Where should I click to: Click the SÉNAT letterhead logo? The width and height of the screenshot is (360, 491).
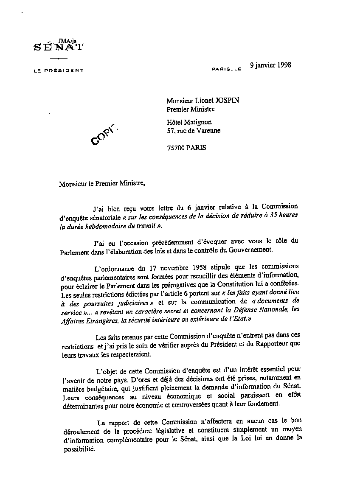tap(59, 48)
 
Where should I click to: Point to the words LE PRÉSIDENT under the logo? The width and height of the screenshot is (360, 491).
tap(59, 70)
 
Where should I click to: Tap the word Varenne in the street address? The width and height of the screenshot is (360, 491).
tap(208, 131)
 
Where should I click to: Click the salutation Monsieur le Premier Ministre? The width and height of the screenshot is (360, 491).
tap(101, 184)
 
